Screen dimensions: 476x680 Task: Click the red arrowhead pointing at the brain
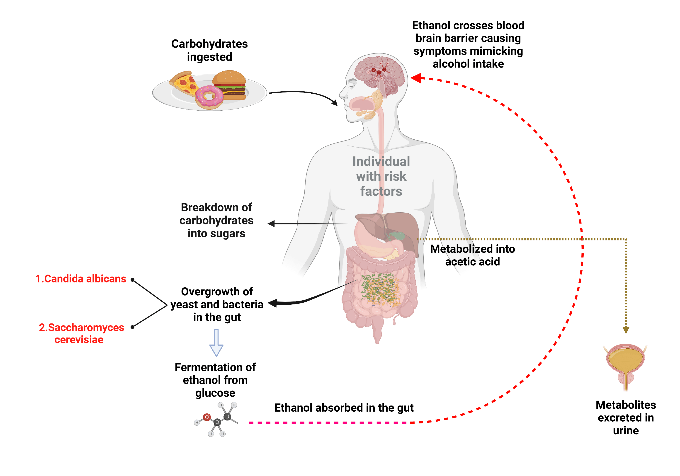[415, 78]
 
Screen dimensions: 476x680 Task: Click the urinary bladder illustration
[625, 361]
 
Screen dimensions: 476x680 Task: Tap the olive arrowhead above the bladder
[626, 330]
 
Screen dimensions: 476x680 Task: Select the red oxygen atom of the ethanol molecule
[207, 417]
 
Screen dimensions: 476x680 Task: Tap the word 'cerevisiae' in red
[79, 340]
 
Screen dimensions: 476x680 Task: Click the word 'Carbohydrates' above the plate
[209, 44]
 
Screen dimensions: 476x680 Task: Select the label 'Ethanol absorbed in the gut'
[344, 408]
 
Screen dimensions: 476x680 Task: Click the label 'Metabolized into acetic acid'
[472, 255]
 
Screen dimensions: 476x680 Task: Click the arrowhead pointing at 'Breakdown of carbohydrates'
[271, 224]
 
